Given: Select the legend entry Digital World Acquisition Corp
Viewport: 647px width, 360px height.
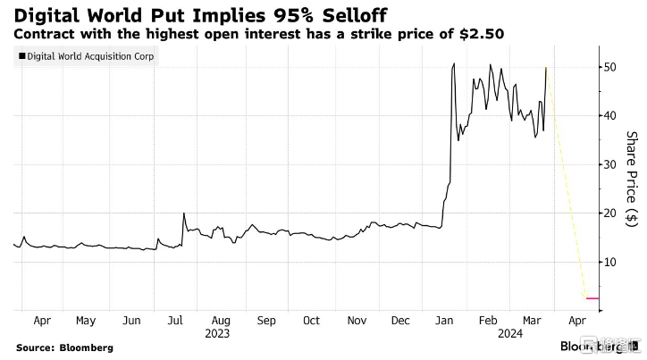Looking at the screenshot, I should pos(88,57).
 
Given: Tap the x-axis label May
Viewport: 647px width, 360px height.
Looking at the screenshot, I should pos(86,319).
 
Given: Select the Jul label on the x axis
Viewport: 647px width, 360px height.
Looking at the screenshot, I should pos(176,319).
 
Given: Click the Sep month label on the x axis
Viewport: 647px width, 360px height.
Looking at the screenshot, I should pos(266,319).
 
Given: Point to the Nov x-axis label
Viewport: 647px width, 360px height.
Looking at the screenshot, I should pos(356,319).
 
